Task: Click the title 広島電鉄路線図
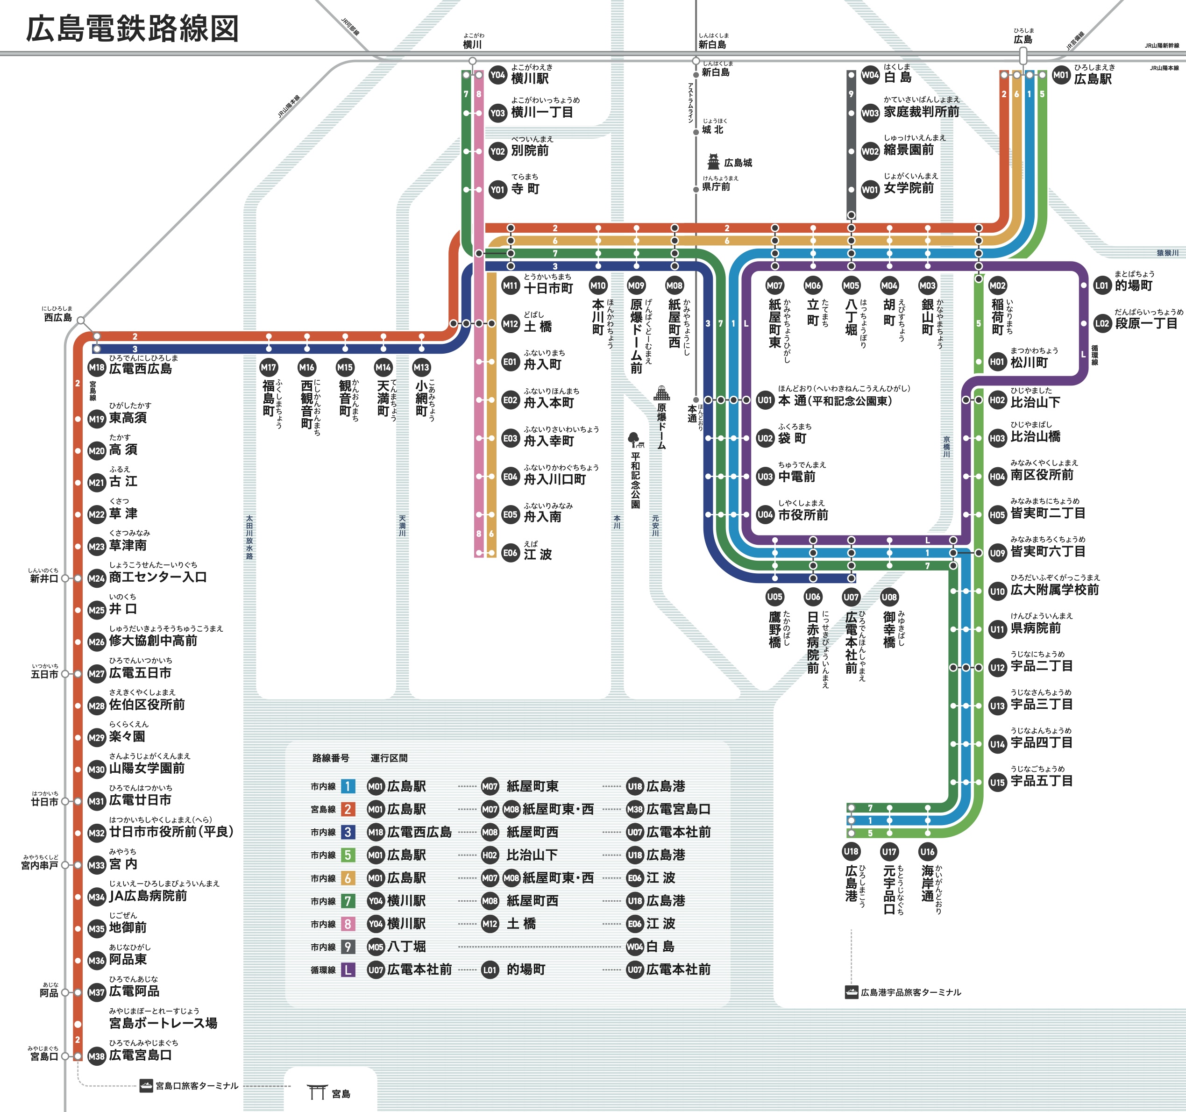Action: tap(133, 29)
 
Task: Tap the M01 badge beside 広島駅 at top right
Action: tap(1061, 75)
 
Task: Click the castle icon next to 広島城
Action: tap(713, 162)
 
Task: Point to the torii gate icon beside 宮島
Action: tap(316, 1092)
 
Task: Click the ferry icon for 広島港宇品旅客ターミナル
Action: tap(852, 992)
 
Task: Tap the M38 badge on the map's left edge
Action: tap(97, 1056)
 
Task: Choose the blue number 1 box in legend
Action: tap(348, 786)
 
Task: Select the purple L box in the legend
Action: tap(348, 969)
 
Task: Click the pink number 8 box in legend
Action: tap(348, 924)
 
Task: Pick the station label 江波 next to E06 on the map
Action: tap(538, 554)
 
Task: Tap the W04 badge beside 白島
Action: tap(870, 75)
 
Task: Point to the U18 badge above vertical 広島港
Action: tap(852, 851)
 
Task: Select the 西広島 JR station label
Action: tap(58, 317)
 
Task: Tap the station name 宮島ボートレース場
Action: tap(163, 1023)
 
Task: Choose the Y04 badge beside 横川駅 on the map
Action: tap(497, 75)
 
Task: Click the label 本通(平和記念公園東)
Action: tap(835, 401)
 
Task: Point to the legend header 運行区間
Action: tap(389, 758)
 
